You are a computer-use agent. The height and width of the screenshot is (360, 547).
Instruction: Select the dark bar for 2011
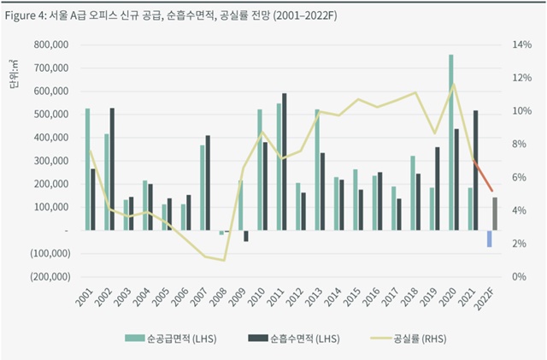[284, 162]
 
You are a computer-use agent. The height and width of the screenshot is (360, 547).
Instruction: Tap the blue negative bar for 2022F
[490, 239]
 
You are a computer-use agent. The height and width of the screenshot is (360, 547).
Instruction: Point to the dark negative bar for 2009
[246, 236]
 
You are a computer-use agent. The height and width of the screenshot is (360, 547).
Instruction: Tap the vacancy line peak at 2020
[454, 84]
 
